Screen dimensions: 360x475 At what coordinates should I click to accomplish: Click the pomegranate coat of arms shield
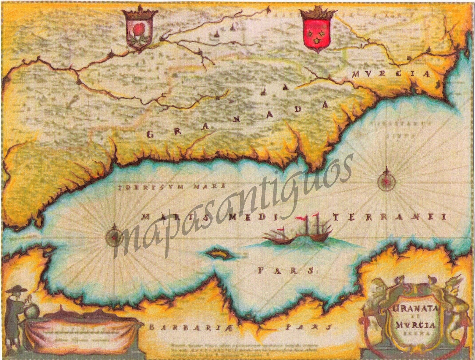(139, 33)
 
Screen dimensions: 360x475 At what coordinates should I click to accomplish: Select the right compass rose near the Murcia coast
(387, 180)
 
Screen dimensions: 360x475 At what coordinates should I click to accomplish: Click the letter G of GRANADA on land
(151, 135)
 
